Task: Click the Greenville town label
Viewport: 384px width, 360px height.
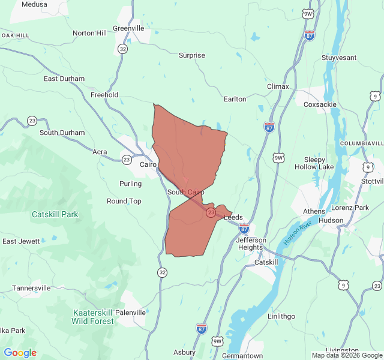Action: pos(128,28)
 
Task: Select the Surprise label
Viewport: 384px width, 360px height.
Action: pos(192,55)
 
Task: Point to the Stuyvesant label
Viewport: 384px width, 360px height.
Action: pos(339,58)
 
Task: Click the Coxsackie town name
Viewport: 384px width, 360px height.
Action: pos(320,104)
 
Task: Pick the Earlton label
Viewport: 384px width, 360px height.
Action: pos(235,99)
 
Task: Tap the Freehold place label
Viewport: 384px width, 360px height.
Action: pos(104,95)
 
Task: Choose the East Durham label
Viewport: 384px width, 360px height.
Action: pos(64,79)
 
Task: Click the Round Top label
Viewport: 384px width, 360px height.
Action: pos(124,201)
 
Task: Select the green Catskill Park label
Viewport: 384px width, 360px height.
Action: pos(55,214)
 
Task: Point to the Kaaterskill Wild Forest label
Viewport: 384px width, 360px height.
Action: pos(92,317)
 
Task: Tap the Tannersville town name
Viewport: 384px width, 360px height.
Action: pos(31,288)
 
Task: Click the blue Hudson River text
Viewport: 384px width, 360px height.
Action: pos(298,232)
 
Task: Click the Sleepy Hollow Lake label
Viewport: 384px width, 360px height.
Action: pos(314,163)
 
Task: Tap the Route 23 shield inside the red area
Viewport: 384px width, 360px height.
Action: pos(211,212)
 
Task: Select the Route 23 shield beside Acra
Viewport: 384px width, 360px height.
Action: pos(127,160)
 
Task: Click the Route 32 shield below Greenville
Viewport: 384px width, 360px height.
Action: pos(122,49)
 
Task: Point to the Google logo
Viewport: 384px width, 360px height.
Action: pos(20,353)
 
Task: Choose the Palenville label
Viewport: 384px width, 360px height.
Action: pos(130,313)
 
